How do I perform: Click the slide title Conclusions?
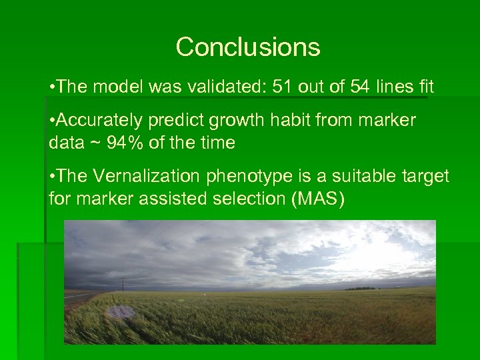click(248, 47)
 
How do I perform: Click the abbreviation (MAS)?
click(318, 199)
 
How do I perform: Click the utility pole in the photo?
click(122, 285)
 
